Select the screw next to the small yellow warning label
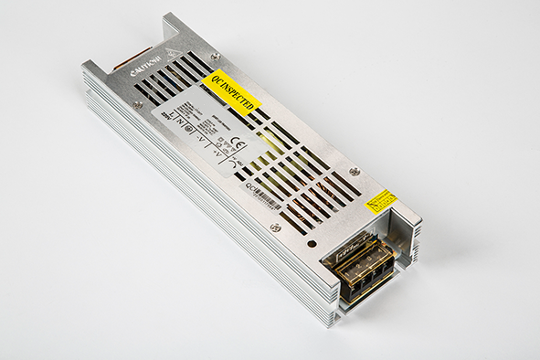(x=354, y=172)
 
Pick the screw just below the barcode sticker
(x=275, y=227)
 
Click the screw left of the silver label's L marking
(x=138, y=104)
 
